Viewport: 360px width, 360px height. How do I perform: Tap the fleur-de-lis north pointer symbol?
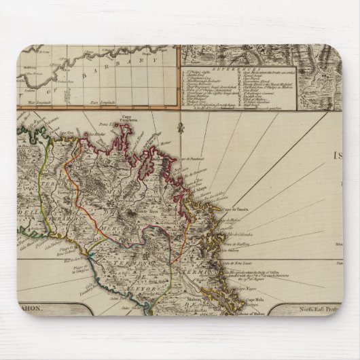click(x=179, y=126)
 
